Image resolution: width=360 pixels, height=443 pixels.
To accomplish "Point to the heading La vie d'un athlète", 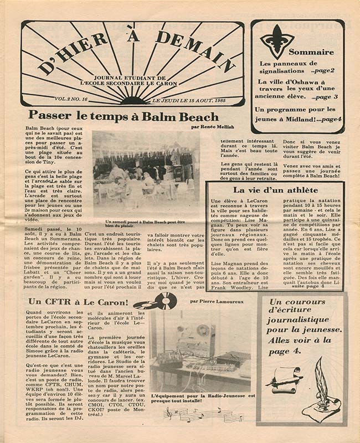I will pos(276,190).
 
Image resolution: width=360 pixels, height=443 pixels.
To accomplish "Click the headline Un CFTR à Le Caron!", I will pos(78,302).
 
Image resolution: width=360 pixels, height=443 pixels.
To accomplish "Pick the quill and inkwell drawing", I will pos(323,390).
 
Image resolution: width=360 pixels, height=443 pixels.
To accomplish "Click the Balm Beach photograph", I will pos(146,174).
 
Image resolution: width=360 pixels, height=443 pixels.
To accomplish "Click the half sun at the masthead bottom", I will pos(133,100).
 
